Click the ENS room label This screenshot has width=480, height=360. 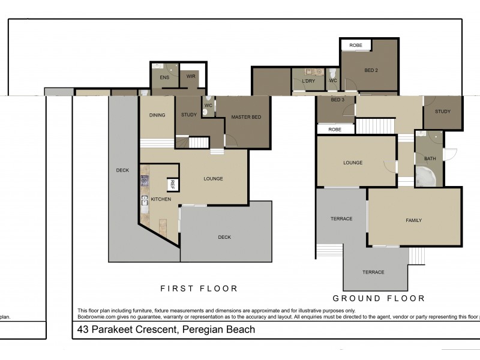click(x=164, y=77)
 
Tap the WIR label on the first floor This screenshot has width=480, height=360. click(x=190, y=76)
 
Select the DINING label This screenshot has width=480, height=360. click(x=157, y=115)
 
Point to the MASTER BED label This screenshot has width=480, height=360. click(x=246, y=117)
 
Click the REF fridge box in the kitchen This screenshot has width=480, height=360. click(x=172, y=185)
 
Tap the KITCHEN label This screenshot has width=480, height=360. click(x=161, y=199)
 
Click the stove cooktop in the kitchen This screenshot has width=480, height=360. click(x=144, y=179)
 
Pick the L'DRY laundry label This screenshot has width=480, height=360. click(x=308, y=80)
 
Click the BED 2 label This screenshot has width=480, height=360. click(x=371, y=70)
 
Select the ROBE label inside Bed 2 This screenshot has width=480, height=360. click(x=356, y=45)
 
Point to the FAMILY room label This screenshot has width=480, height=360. click(x=413, y=220)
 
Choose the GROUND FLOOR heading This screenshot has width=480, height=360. click(x=379, y=298)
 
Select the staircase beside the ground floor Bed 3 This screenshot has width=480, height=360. click(x=376, y=127)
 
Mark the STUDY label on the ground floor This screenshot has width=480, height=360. click(x=443, y=112)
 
